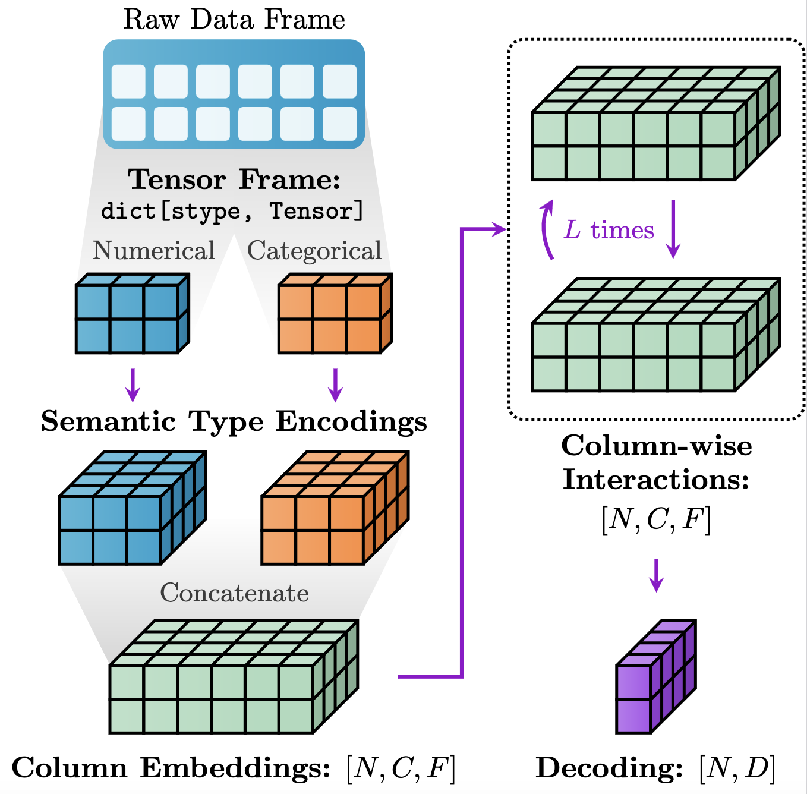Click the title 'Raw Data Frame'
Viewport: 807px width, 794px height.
pyautogui.click(x=234, y=20)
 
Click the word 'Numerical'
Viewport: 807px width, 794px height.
pyautogui.click(x=154, y=251)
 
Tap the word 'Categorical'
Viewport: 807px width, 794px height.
pyautogui.click(x=314, y=251)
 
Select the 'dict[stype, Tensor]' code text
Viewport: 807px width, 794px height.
pyautogui.click(x=232, y=212)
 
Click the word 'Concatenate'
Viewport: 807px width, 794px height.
pyautogui.click(x=234, y=593)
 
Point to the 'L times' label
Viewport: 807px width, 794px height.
pyautogui.click(x=609, y=230)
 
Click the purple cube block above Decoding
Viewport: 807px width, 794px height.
pyautogui.click(x=655, y=678)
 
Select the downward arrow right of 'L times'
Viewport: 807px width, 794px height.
pyautogui.click(x=673, y=229)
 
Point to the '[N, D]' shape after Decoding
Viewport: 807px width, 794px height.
pyautogui.click(x=737, y=768)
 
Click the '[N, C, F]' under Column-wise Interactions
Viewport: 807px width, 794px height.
pyautogui.click(x=656, y=519)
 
